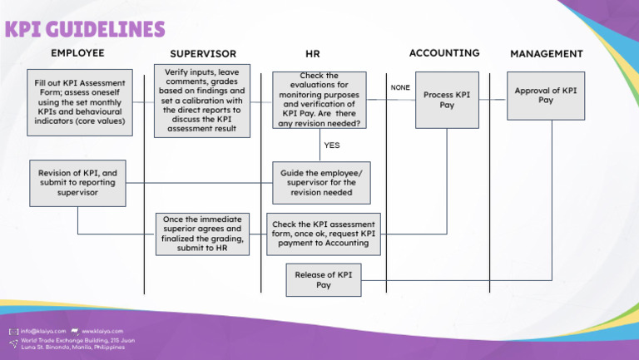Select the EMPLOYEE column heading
[77, 53]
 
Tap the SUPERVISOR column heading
[203, 54]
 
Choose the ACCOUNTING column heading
[444, 53]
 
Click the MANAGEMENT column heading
[546, 54]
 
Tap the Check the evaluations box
[319, 100]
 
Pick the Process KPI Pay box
[447, 100]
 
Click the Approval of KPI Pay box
[546, 96]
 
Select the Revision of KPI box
[77, 183]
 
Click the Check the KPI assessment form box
[324, 234]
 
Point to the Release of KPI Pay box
[324, 280]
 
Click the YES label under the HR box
[332, 145]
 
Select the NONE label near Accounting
[400, 87]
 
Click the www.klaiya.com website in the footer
[102, 331]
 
